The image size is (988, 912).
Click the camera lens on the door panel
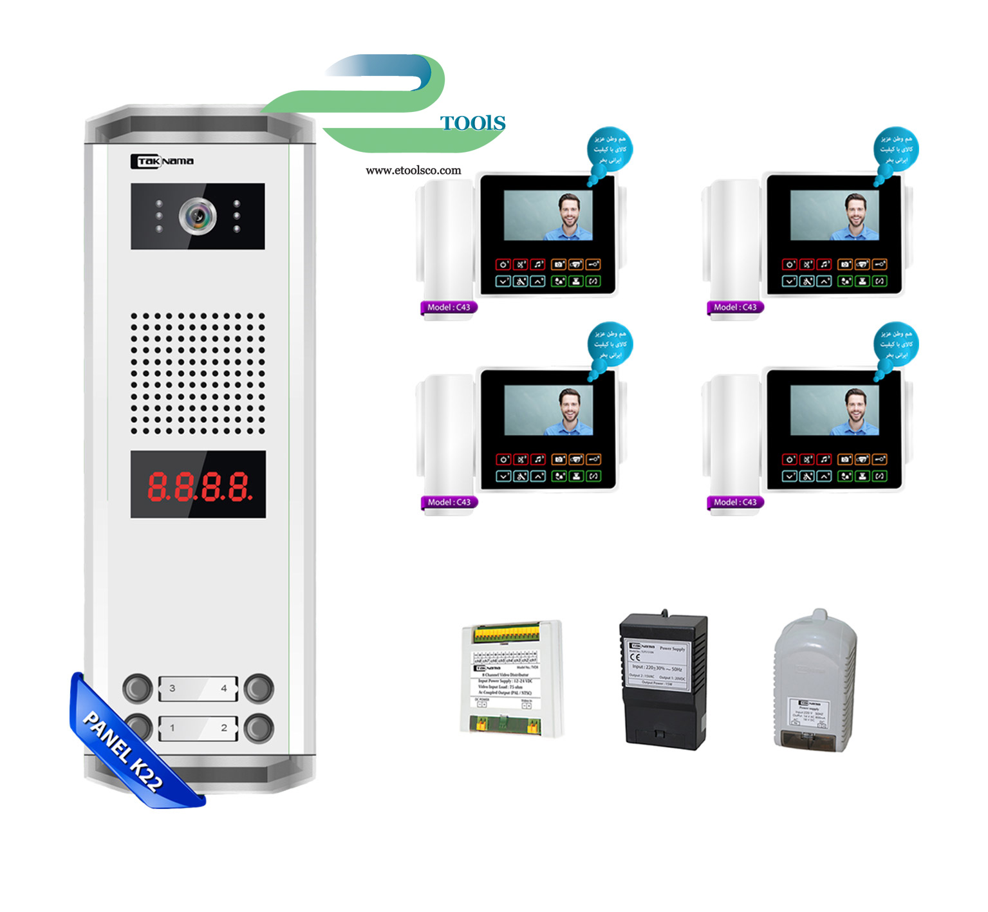[198, 216]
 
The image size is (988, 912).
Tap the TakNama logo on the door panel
[162, 161]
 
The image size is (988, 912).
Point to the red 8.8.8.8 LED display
[198, 486]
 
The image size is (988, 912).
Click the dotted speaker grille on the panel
[198, 373]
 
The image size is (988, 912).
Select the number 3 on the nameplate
[172, 688]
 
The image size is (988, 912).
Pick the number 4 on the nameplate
[224, 688]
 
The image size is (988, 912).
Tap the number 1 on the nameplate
[172, 728]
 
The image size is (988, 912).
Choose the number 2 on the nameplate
[224, 728]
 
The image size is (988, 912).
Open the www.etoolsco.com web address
[413, 171]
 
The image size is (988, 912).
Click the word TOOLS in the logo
[472, 123]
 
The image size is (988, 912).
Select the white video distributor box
[512, 679]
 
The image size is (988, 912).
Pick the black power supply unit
[663, 681]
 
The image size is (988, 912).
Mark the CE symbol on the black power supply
[635, 657]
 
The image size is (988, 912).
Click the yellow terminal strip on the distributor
[507, 635]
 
